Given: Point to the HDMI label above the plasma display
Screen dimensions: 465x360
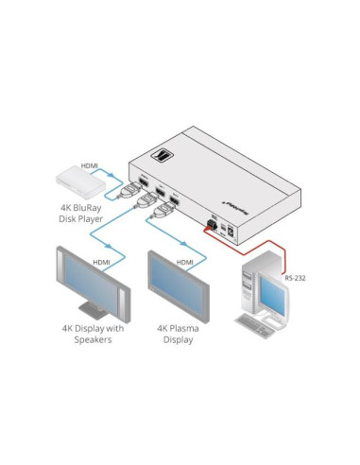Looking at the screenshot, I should coord(185,261).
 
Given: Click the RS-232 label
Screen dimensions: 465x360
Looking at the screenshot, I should coord(296,278).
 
